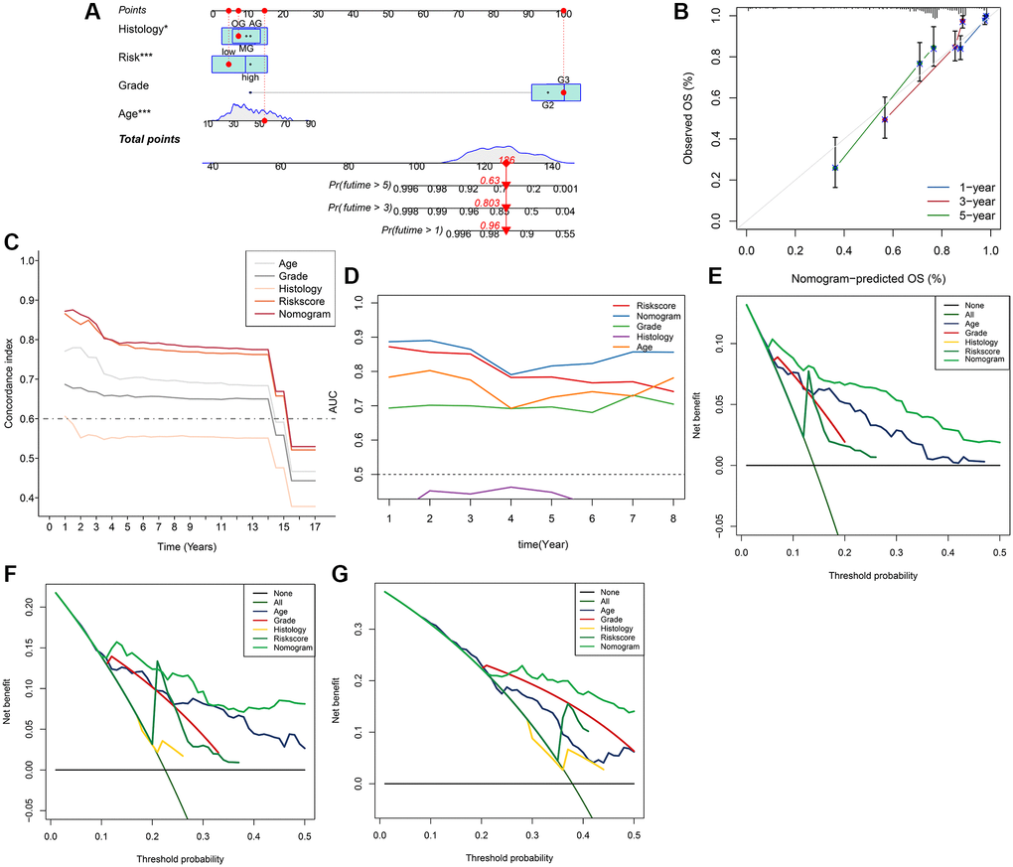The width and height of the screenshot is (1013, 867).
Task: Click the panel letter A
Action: (91, 13)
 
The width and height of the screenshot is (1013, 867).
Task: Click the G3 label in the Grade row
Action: (563, 79)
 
